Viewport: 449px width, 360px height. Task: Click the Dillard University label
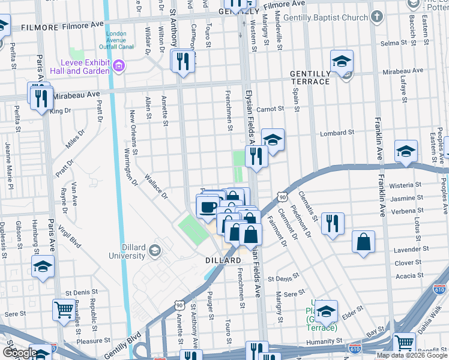pos(127,251)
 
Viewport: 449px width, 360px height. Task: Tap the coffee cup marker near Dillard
pos(208,208)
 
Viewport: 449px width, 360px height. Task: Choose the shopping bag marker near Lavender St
pos(364,242)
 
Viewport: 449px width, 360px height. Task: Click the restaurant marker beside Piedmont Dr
pos(333,224)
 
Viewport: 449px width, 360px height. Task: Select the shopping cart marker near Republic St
pos(64,310)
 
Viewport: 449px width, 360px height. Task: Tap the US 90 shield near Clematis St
pos(282,197)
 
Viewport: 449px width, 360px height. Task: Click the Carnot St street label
pos(270,109)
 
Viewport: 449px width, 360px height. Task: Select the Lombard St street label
pos(334,133)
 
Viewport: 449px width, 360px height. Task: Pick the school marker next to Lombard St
pos(273,140)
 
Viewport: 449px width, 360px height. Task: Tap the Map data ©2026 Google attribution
pos(411,355)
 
